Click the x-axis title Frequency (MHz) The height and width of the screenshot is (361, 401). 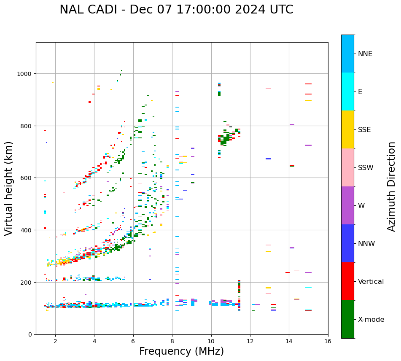[181, 351]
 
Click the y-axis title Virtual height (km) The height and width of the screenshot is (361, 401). [9, 188]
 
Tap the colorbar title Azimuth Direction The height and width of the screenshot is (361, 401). [392, 186]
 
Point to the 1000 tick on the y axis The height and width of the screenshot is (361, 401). [26, 74]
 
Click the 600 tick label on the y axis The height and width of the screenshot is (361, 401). [28, 178]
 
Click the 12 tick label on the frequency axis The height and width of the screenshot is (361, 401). [250, 342]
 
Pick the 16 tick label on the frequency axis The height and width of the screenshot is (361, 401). [328, 342]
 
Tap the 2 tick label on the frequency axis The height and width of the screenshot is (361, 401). [55, 342]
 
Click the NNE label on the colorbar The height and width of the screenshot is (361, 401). [365, 54]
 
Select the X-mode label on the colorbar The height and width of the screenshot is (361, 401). [371, 320]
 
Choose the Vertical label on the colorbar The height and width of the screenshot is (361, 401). [371, 282]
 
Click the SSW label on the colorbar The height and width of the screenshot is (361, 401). [366, 168]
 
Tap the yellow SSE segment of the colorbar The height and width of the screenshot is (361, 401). [347, 129]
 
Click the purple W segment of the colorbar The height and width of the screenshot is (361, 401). [347, 205]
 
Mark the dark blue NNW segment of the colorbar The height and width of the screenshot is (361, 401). [347, 243]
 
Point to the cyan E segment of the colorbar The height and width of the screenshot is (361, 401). [347, 92]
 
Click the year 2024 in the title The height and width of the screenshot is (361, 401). [247, 10]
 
